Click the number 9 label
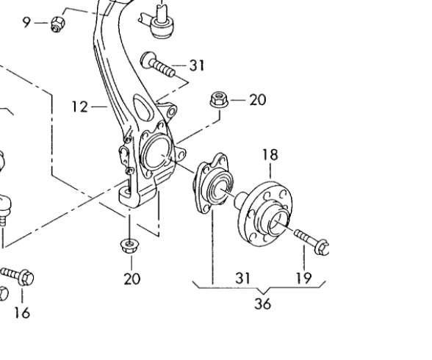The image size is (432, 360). tap(26, 22)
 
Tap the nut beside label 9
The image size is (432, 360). tap(58, 24)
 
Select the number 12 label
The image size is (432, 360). tap(80, 107)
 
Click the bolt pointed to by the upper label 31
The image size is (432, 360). tap(157, 63)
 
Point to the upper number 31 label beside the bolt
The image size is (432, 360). tap(197, 65)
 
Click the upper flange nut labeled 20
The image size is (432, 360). tap(219, 100)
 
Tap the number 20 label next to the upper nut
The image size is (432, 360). tap(258, 100)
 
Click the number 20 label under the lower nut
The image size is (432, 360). tap(132, 278)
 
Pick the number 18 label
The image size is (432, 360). tap(270, 155)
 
